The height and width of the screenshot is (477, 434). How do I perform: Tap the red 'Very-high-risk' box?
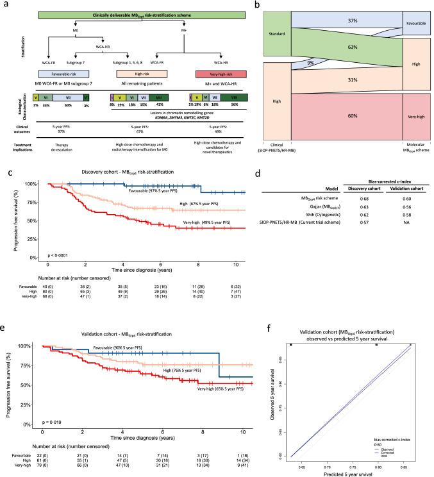223,74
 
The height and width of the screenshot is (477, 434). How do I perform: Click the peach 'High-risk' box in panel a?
136,74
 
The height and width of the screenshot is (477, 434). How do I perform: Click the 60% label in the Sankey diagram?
344,114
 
